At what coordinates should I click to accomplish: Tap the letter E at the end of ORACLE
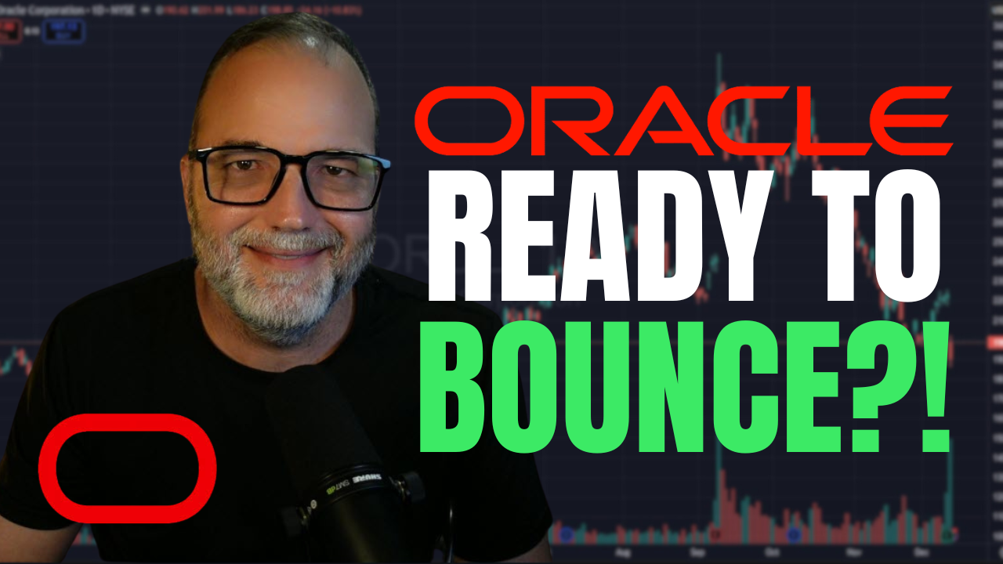coord(917,121)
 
